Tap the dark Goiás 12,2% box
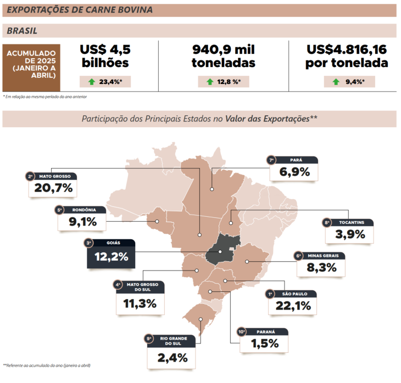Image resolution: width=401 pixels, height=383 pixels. point(110,256)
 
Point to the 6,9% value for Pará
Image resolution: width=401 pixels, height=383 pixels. point(294,172)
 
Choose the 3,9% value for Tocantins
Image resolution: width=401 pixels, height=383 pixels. point(349,235)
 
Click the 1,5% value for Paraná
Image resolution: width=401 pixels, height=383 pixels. point(264,344)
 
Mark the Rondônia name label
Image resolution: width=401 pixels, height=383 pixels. point(83,210)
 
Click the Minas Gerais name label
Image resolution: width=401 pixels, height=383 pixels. point(326,255)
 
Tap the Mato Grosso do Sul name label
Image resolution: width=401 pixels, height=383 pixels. point(142,286)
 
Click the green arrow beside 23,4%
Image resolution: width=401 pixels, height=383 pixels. point(91,82)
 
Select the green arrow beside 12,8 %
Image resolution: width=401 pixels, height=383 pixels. point(209,82)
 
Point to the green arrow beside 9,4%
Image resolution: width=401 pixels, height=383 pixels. point(336,82)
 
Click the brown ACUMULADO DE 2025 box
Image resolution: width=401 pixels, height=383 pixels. point(31,67)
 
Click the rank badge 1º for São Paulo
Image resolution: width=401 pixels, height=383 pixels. point(270,294)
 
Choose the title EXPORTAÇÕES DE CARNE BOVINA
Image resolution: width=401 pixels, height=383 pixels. point(80,10)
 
